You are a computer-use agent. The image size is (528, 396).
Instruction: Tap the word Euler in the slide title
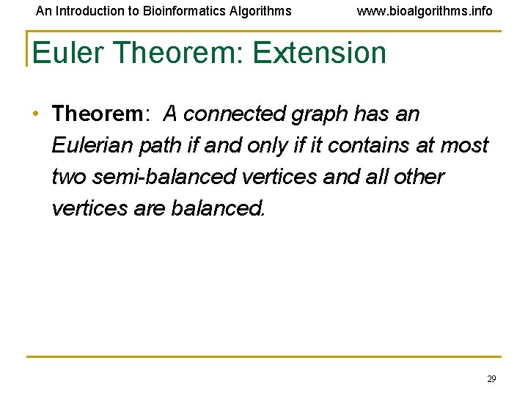(x=69, y=53)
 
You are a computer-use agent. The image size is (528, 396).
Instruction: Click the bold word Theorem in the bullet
(x=98, y=114)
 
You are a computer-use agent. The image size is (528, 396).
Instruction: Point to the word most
(x=464, y=145)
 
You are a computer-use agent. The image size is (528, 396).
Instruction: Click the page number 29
(x=491, y=378)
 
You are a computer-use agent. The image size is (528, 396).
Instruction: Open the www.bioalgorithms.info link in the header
(x=425, y=11)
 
